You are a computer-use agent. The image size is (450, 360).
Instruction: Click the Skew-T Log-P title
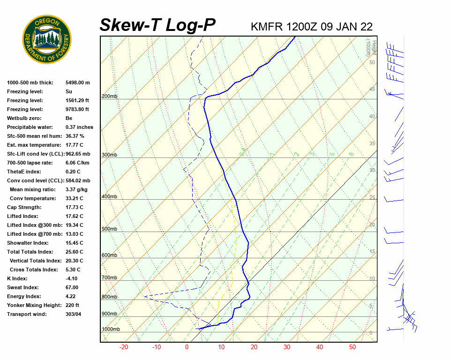coord(157,25)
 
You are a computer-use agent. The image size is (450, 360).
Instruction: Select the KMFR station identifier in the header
coord(267,26)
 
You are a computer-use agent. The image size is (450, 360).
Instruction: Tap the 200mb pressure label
coord(109,97)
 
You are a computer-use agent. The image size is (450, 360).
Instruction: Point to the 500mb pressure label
coord(109,229)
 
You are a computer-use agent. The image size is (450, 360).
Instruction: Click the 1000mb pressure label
coord(111,330)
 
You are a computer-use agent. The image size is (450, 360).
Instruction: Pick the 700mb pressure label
coord(109,278)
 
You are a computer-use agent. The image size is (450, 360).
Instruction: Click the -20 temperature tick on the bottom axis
coord(124,347)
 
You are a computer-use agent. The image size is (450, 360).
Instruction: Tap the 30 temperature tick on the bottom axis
coord(287,347)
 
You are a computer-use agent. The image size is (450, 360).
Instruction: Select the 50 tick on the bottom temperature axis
coord(352,347)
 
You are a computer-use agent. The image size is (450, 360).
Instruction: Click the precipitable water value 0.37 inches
coord(79,127)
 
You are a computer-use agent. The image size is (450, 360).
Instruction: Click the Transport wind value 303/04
coord(74,314)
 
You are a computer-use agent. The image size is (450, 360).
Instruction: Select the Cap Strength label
coord(24,207)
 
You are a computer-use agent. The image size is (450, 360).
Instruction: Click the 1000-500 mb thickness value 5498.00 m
coord(78,82)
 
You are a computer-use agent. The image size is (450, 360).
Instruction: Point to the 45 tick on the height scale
coord(372,90)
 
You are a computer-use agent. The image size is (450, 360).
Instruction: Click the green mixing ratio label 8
coord(351,154)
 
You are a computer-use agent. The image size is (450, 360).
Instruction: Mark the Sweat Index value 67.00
coord(72,287)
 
